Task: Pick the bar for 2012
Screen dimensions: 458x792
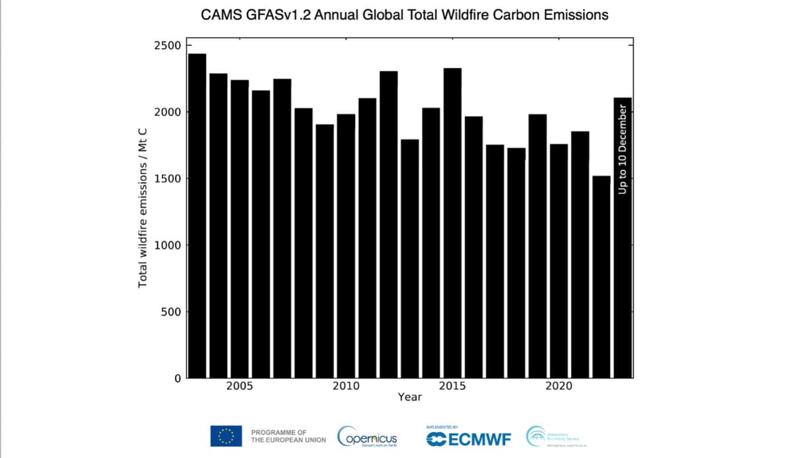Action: coord(388,224)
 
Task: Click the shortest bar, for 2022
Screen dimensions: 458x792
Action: coord(601,277)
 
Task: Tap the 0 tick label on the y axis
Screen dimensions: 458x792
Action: coord(178,378)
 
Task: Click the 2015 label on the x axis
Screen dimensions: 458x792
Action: coord(452,387)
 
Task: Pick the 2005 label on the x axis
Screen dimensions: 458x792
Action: coord(240,387)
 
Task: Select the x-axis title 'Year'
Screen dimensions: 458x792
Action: coord(410,397)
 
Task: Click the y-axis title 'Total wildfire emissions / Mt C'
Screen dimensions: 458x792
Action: coord(142,207)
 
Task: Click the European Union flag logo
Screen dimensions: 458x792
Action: coord(226,436)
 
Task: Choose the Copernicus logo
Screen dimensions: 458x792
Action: coord(368,436)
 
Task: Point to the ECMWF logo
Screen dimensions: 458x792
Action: coord(469,438)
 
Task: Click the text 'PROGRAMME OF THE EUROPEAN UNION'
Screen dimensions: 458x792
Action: coord(288,436)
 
